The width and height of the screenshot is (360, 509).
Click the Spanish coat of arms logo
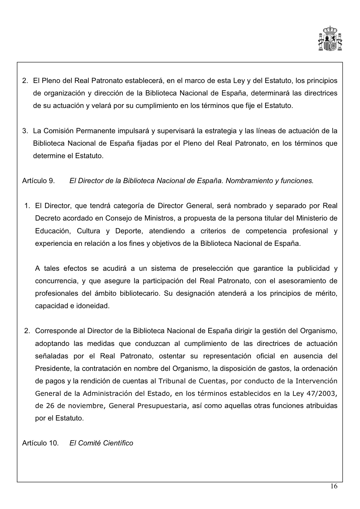pos(330,39)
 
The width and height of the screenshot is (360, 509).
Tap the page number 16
pos(334,487)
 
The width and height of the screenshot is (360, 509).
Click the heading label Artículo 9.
pos(38,181)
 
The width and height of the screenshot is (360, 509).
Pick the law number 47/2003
pos(322,394)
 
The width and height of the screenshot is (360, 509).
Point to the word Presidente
pos(53,369)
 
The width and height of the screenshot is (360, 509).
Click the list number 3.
pos(25,131)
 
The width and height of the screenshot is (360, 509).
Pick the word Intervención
pos(316,381)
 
